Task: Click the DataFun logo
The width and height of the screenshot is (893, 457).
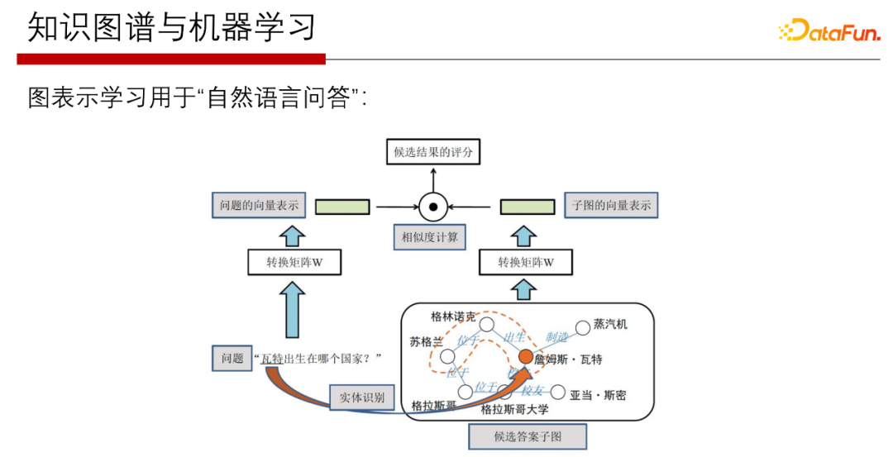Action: pyautogui.click(x=829, y=31)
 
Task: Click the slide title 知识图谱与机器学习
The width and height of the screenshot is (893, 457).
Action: pyautogui.click(x=172, y=27)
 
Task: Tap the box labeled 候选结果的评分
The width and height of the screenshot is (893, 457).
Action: pyautogui.click(x=432, y=153)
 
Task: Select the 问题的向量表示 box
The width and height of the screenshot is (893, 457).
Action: pyautogui.click(x=260, y=205)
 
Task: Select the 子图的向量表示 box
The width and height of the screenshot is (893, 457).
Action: pyautogui.click(x=611, y=206)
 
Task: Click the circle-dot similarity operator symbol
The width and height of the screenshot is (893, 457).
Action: pyautogui.click(x=432, y=206)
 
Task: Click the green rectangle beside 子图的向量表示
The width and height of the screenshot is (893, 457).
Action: pyautogui.click(x=527, y=206)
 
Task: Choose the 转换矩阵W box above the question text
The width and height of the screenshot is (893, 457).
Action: pyautogui.click(x=294, y=263)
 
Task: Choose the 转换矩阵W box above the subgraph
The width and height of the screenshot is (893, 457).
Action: pyautogui.click(x=526, y=263)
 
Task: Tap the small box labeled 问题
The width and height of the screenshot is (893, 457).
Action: pyautogui.click(x=232, y=359)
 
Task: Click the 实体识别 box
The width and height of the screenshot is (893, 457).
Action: pyautogui.click(x=361, y=397)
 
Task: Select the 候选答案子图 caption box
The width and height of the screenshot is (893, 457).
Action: pyautogui.click(x=527, y=436)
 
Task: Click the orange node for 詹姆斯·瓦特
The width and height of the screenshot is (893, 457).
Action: pyautogui.click(x=525, y=357)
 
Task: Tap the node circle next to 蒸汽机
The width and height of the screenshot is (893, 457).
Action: pyautogui.click(x=581, y=326)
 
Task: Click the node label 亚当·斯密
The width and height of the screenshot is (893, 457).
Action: pyautogui.click(x=599, y=395)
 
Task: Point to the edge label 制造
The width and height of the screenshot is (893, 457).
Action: pyautogui.click(x=557, y=337)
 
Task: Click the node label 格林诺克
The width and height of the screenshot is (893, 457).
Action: pyautogui.click(x=454, y=317)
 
